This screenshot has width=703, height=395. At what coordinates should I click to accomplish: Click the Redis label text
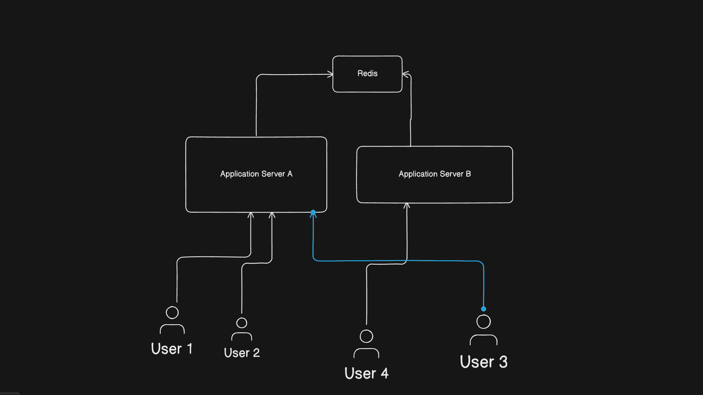[367, 73]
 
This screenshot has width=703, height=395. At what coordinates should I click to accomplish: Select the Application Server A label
[256, 174]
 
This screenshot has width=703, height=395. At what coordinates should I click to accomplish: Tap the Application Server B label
[435, 174]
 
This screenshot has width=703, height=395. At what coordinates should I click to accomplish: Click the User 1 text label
[172, 349]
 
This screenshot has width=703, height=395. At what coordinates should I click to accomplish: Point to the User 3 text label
[484, 362]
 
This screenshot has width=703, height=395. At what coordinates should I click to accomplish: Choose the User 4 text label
[367, 373]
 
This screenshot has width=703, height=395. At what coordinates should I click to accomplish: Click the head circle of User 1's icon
[172, 313]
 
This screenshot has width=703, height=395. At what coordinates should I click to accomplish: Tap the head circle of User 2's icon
[242, 323]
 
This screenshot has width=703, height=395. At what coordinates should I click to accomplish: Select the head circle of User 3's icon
[484, 322]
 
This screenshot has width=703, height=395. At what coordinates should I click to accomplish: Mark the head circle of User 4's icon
[366, 336]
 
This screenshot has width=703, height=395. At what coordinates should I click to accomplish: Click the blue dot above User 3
[484, 309]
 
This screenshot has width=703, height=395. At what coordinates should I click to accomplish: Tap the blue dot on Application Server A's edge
[313, 212]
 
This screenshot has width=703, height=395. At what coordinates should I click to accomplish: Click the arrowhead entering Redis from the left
[330, 74]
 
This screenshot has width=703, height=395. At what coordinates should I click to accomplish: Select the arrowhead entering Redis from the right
[405, 74]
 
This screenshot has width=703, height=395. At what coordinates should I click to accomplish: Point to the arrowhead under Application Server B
[407, 205]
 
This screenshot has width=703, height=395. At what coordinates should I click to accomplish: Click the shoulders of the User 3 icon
[484, 339]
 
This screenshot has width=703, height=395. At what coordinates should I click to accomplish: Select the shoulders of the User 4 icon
[366, 352]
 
